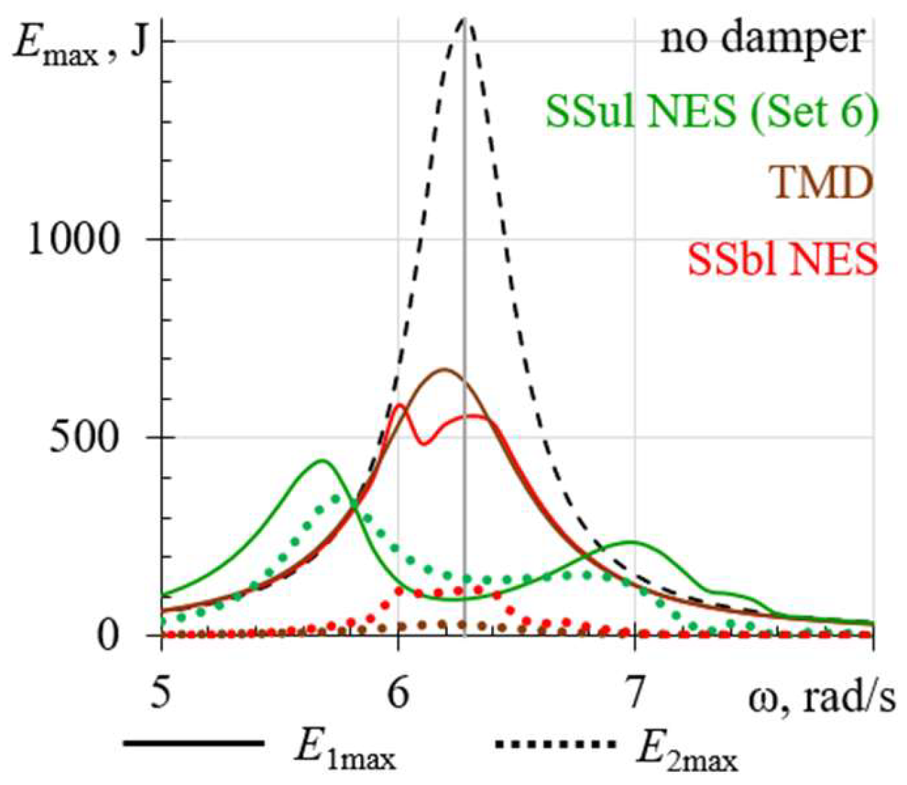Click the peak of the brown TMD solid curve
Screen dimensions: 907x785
444,369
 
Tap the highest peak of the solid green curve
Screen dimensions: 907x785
323,461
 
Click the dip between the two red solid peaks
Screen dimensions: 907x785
424,444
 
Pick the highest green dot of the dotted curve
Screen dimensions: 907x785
336,499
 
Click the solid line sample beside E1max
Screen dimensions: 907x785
194,743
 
